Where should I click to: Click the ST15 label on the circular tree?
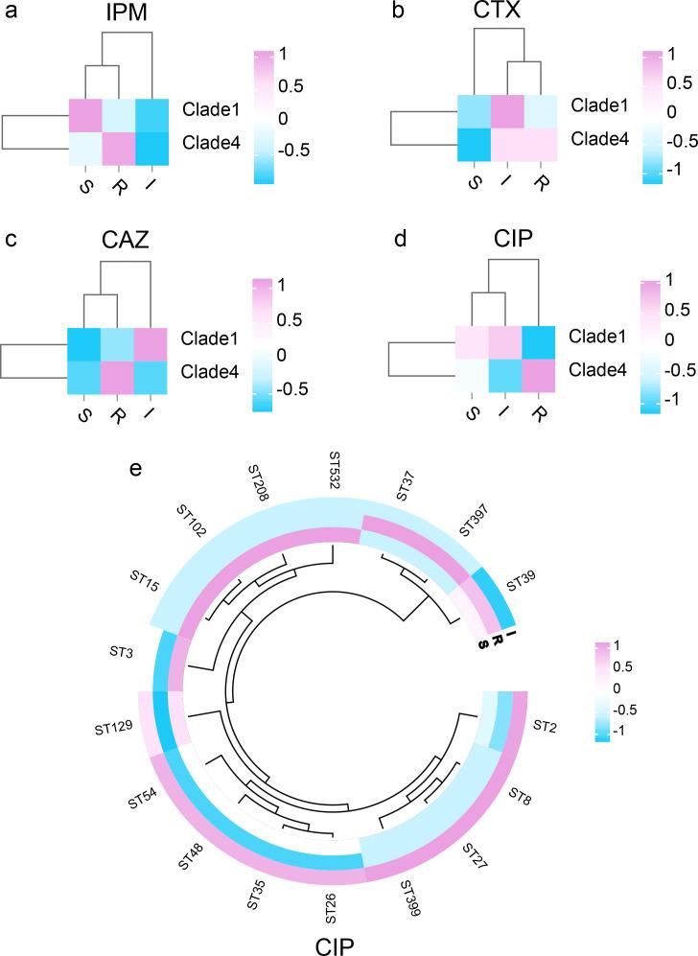coord(146,586)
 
